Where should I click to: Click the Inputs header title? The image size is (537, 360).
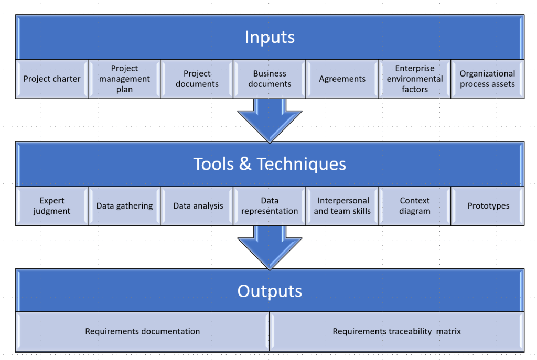(x=270, y=37)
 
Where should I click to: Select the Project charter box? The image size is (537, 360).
(x=52, y=79)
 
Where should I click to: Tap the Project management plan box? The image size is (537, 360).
(x=124, y=79)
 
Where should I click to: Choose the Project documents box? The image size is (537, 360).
(x=197, y=79)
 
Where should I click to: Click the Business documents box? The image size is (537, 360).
(x=270, y=79)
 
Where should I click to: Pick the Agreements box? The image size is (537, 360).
(x=342, y=79)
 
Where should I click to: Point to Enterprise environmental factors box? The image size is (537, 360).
(x=414, y=79)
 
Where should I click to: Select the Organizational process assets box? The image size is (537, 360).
(x=487, y=79)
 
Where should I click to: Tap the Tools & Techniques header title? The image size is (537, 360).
(x=270, y=164)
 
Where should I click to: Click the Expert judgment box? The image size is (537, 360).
(x=52, y=206)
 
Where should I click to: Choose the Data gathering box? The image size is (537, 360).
(x=124, y=206)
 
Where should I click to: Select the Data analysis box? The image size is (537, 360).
(x=198, y=206)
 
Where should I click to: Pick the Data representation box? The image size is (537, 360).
(x=270, y=206)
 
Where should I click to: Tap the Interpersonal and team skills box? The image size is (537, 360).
(x=342, y=206)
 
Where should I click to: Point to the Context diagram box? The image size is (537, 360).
(x=414, y=206)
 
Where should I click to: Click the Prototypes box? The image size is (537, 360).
(x=488, y=206)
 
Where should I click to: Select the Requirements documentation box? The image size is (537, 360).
(x=143, y=331)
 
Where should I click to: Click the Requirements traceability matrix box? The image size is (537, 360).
(x=396, y=331)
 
